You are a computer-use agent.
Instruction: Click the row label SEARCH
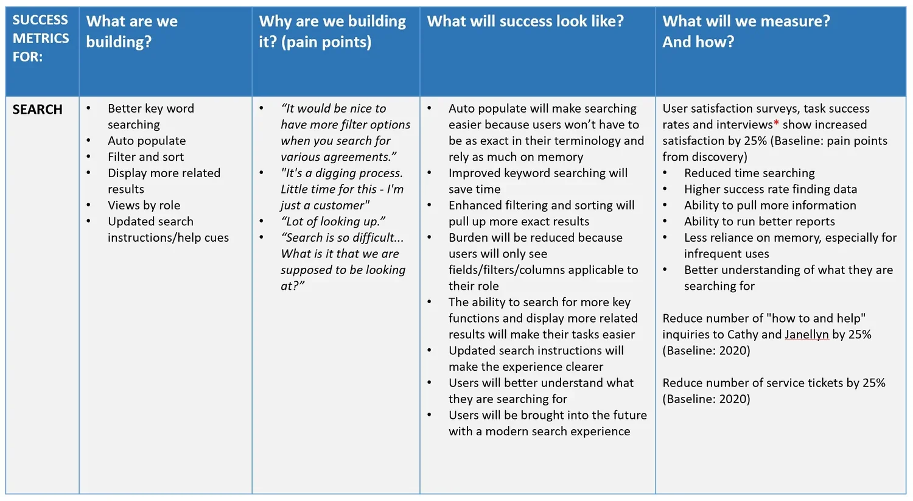(37, 110)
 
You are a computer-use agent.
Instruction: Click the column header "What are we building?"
(131, 31)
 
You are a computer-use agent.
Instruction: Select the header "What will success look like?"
(525, 21)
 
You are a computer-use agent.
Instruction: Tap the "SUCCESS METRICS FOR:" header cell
(41, 38)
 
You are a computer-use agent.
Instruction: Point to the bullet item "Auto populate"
(147, 141)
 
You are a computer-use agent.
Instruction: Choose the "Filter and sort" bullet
(145, 157)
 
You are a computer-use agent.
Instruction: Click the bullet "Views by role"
(144, 205)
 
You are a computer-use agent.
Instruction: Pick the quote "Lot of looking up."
(333, 222)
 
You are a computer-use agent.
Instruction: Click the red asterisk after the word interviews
(776, 124)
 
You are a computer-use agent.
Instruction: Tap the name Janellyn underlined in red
(806, 335)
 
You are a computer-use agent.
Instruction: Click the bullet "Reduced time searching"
(749, 173)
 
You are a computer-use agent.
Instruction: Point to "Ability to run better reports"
(759, 222)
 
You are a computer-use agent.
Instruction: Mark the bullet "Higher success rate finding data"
(770, 189)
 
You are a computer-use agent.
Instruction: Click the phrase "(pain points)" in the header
(326, 42)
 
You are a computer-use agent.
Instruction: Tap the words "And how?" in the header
(698, 42)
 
